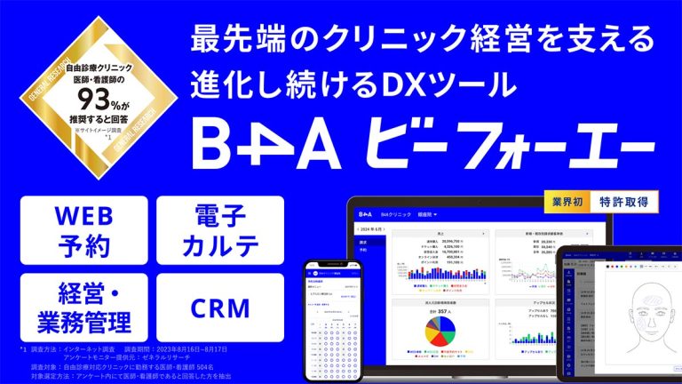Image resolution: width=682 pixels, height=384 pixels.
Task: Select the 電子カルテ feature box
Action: pyautogui.click(x=218, y=229)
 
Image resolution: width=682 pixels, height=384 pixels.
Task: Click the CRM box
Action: pyautogui.click(x=218, y=307)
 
